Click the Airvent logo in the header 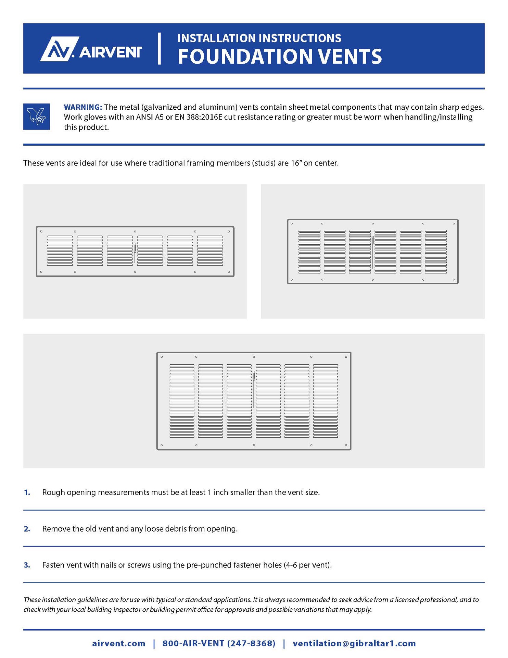[x=91, y=49]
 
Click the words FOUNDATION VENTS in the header [x=279, y=57]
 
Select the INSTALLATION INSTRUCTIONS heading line [x=259, y=38]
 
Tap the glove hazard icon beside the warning [x=37, y=117]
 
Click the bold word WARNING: [x=83, y=107]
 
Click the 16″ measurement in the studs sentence [x=296, y=163]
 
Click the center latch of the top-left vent [x=135, y=248]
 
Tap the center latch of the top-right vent [x=372, y=240]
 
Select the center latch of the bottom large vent [x=254, y=375]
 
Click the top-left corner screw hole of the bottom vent [x=162, y=357]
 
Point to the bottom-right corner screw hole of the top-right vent [x=454, y=280]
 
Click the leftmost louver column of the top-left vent [x=60, y=251]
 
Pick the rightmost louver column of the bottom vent [x=326, y=401]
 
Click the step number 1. [x=27, y=492]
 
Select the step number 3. [x=27, y=565]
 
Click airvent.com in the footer [x=118, y=643]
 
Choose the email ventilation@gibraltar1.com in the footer [x=354, y=643]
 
